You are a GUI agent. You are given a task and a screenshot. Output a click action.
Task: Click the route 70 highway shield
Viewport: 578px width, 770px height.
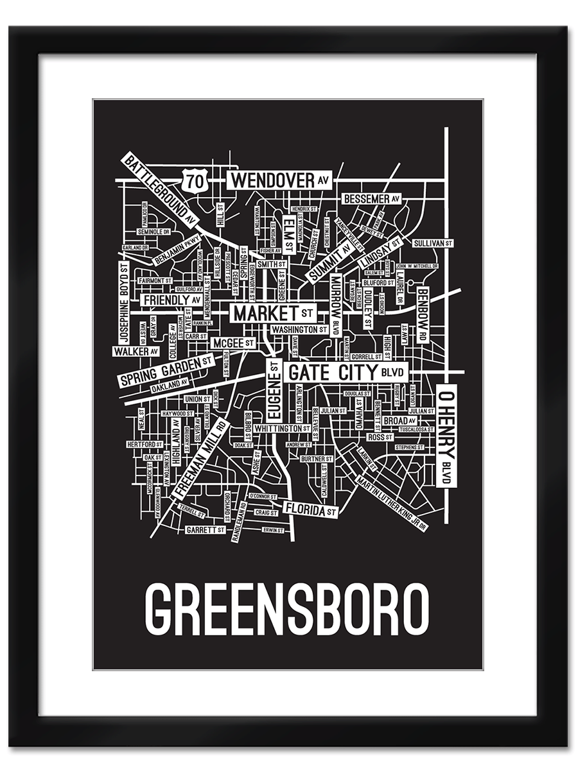pos(195,181)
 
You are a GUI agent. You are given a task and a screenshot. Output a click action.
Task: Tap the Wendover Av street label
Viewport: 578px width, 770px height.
pos(280,181)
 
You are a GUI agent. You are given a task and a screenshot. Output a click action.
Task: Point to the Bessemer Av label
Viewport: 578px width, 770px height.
pos(372,199)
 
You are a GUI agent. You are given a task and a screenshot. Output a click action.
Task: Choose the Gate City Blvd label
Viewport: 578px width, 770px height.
pos(346,372)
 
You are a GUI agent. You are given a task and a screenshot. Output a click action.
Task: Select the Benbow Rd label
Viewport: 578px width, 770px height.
pos(422,314)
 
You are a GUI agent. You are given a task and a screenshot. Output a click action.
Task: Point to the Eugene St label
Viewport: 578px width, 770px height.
pos(274,389)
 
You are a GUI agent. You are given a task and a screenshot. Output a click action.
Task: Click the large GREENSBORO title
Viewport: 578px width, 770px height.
pos(287,608)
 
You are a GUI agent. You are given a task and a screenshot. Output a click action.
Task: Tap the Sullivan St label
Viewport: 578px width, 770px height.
pos(433,244)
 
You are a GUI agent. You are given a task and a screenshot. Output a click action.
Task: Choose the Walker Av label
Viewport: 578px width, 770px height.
pos(136,351)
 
